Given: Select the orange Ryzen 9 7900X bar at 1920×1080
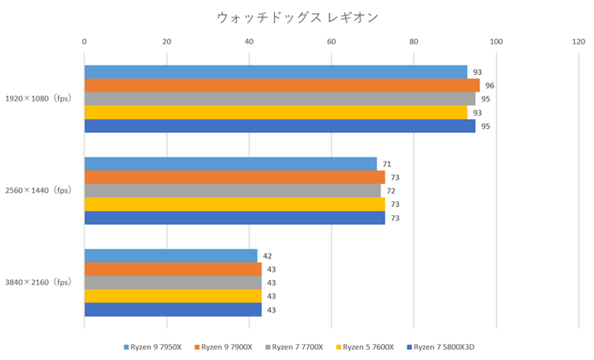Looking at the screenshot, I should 282,86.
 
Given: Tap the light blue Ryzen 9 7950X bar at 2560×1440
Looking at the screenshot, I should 230,164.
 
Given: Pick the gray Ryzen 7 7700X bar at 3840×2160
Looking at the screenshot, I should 173,283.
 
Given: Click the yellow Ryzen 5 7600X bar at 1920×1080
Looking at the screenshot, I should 275,112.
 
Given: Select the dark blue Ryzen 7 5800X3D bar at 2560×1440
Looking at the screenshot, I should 234,218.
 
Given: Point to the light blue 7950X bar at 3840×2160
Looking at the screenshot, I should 170,256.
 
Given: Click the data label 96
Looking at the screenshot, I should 489,86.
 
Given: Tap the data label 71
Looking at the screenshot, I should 386,164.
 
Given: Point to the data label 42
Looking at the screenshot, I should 268,256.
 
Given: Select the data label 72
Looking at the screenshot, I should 390,190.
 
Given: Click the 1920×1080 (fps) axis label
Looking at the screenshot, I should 38,99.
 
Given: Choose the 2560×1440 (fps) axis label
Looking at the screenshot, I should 38,190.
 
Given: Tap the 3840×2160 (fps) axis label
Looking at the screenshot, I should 38,283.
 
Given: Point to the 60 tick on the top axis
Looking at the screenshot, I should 331,40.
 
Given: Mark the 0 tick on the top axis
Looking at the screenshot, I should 84,40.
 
